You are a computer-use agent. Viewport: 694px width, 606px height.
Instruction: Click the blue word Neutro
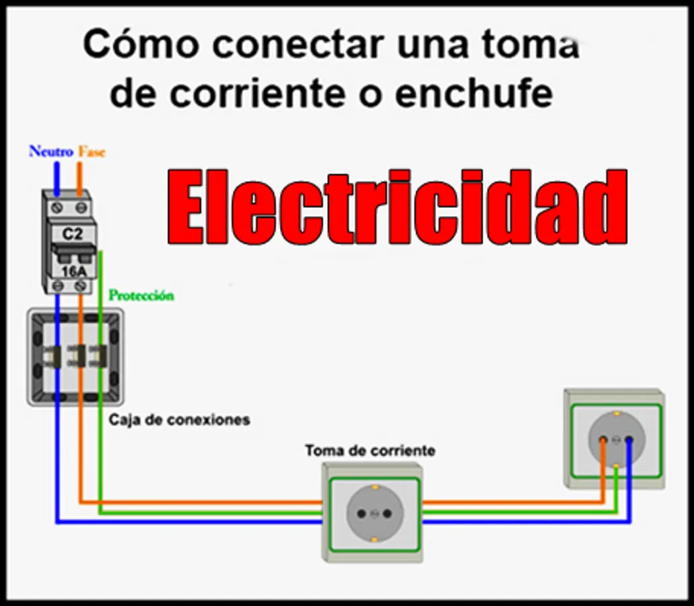[x=50, y=151]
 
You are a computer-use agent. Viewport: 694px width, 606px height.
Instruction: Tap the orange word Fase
[x=92, y=151]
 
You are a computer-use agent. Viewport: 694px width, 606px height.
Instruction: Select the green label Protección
[x=141, y=296]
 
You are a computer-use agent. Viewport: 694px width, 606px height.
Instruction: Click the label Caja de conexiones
[x=179, y=419]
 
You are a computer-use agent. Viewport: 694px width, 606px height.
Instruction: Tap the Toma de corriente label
[x=370, y=450]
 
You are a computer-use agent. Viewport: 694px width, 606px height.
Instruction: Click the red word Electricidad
[x=398, y=208]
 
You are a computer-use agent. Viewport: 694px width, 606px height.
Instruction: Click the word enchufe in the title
[x=474, y=94]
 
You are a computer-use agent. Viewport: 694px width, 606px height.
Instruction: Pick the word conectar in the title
[x=296, y=45]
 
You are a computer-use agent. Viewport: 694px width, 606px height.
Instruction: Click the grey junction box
[x=75, y=356]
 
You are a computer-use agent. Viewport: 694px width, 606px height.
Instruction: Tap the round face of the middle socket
[x=372, y=514]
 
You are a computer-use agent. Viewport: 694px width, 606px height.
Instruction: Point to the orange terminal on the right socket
[x=603, y=440]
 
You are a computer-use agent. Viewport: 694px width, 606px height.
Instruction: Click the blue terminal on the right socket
[x=629, y=440]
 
